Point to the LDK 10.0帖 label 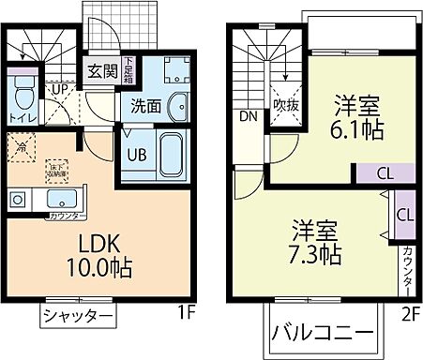pos(83,254)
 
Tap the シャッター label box pos(78,316)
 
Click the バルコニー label pos(323,333)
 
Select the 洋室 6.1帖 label pos(356,118)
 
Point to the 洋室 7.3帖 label pos(315,241)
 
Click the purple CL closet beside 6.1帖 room pos(384,172)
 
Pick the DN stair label pos(248,117)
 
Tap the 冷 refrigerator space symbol pos(20,145)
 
